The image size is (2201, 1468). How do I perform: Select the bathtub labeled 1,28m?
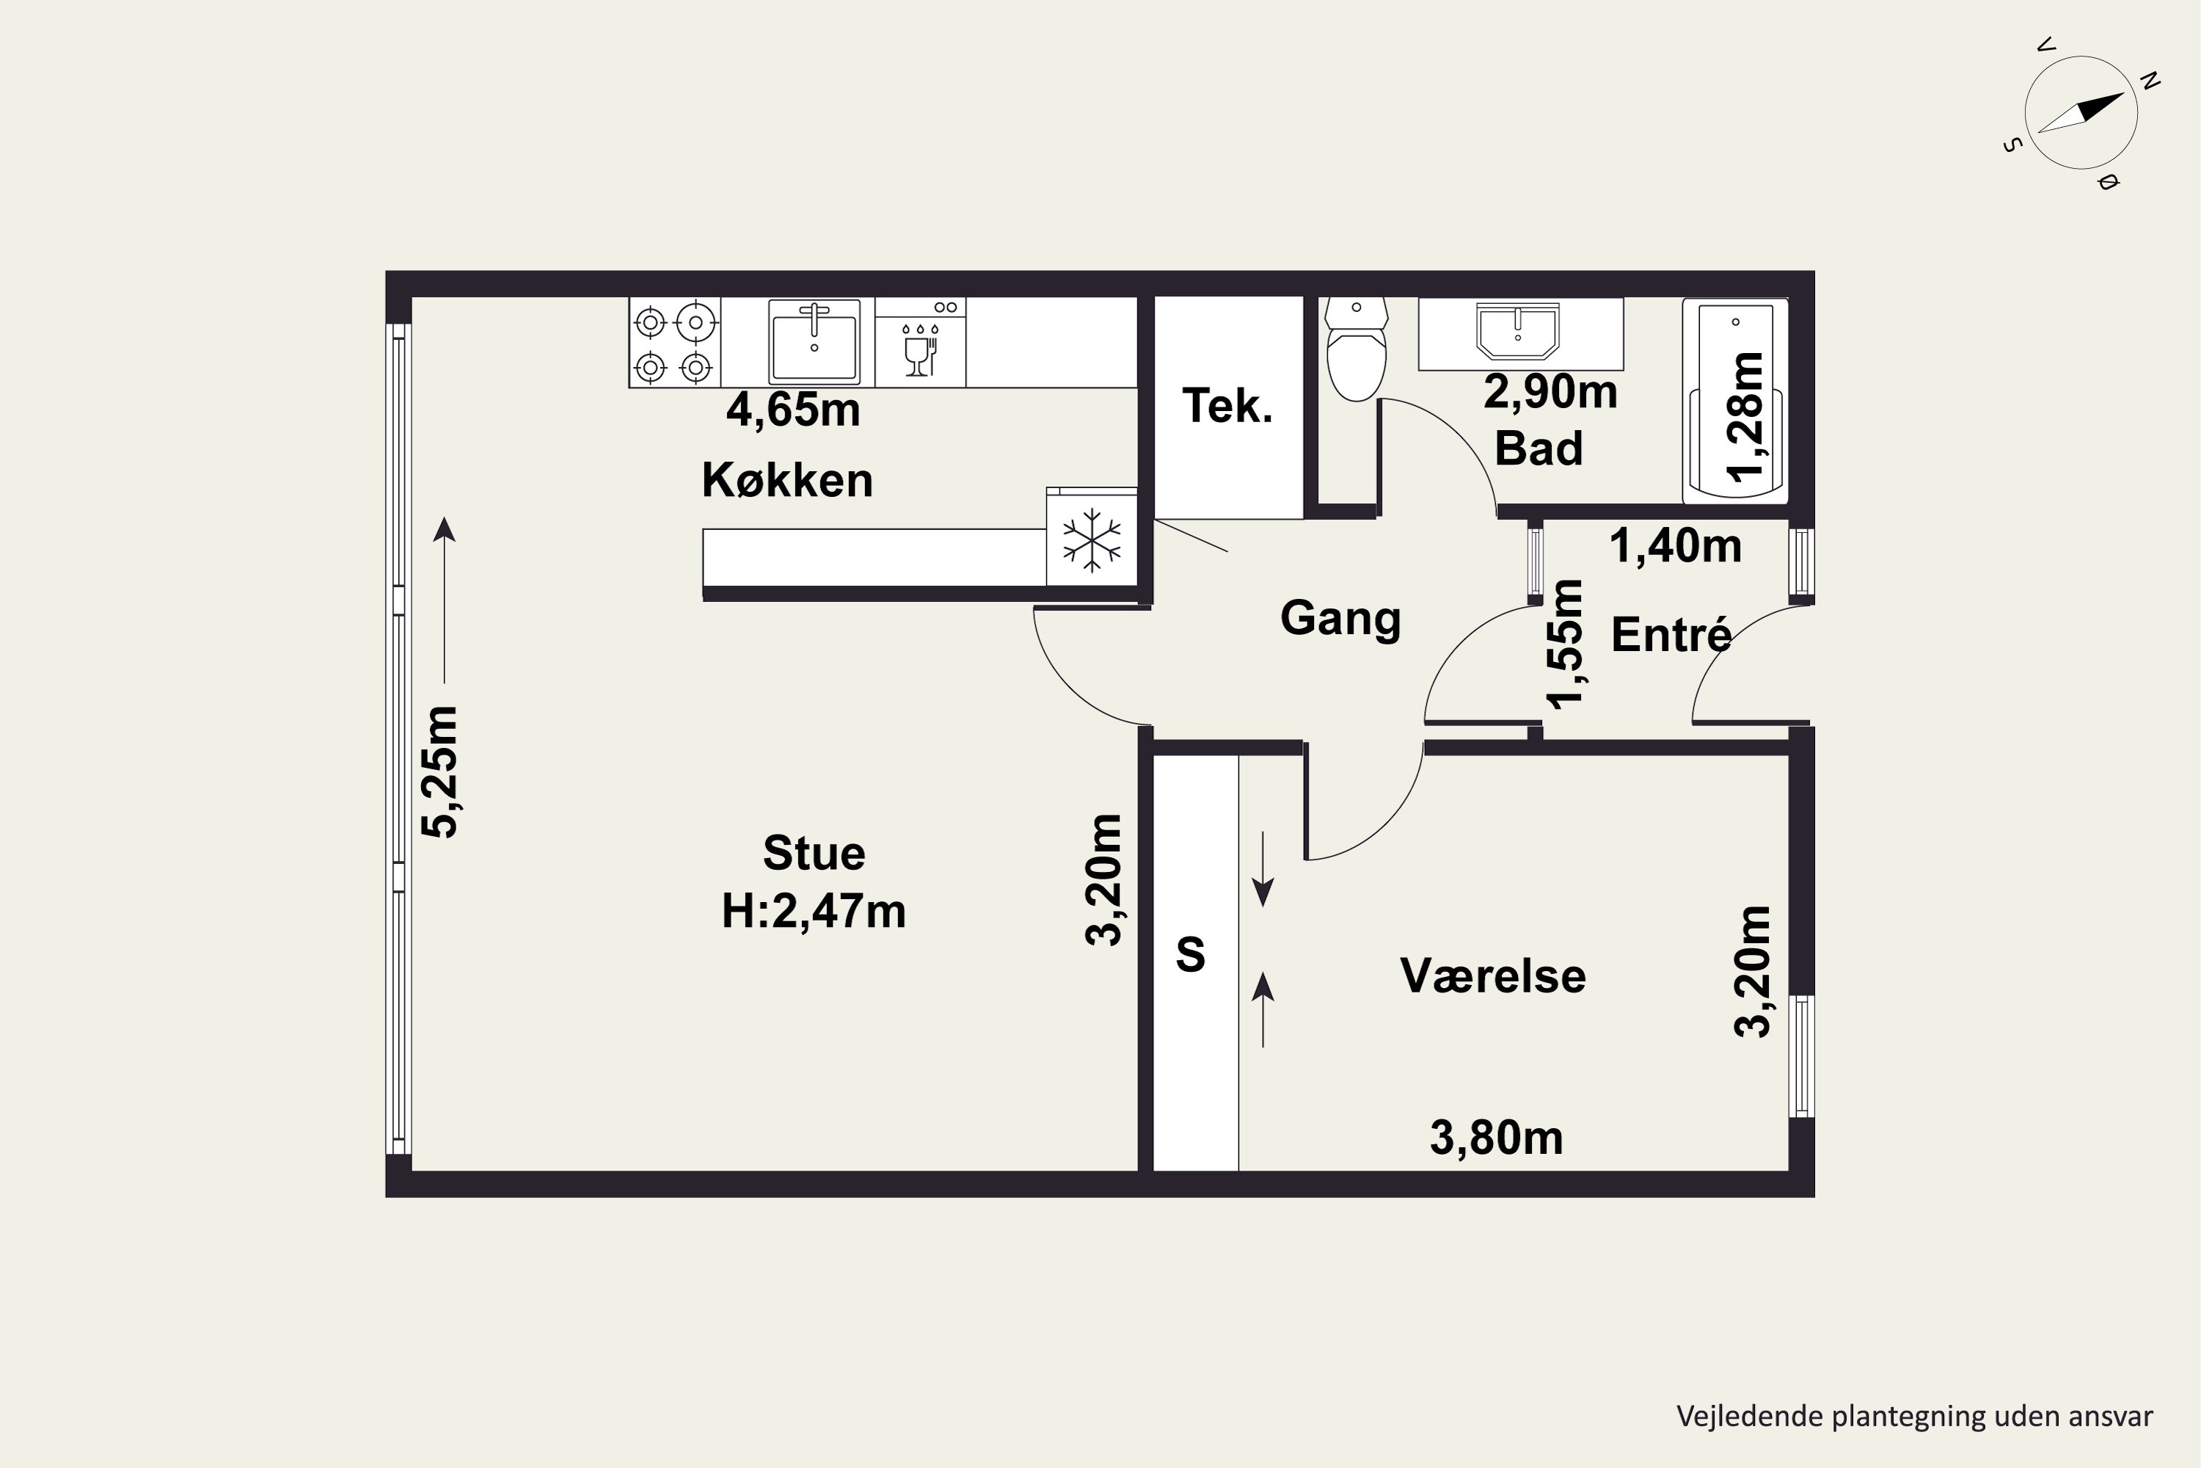pos(1735,401)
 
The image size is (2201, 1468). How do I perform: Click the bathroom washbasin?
pos(1517,330)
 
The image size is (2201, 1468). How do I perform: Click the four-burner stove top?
pos(674,343)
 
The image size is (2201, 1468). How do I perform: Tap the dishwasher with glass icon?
pos(920,343)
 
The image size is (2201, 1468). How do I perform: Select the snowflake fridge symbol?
pos(1091,540)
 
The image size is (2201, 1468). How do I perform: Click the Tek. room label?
pos(1227,407)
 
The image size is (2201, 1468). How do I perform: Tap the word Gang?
pos(1340,618)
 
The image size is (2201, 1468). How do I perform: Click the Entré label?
pos(1671,635)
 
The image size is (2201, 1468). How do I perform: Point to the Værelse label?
pos(1492,976)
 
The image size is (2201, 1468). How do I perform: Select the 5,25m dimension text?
pos(439,771)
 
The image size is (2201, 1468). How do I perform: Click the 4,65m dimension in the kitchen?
pos(792,410)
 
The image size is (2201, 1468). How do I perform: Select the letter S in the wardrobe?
pos(1189,955)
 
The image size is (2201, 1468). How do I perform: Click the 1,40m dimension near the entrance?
pos(1675,546)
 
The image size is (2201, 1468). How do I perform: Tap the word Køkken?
pos(787,480)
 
